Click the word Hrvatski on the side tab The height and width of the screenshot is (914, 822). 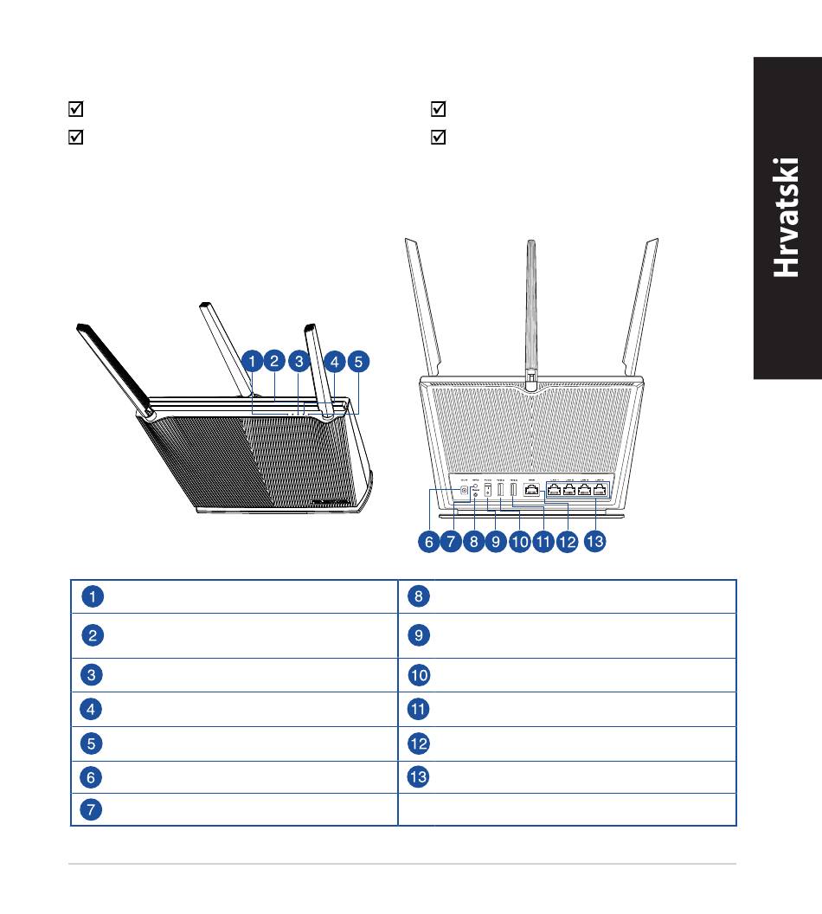click(786, 217)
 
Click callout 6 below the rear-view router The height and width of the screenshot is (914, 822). click(429, 543)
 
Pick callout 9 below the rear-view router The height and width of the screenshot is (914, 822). click(496, 543)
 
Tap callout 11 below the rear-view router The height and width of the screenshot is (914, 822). click(543, 543)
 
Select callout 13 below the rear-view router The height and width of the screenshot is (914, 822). click(594, 543)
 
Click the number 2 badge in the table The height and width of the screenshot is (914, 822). click(93, 635)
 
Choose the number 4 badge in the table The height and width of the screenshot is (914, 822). click(93, 710)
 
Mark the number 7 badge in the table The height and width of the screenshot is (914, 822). click(93, 809)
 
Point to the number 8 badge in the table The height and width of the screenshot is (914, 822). click(418, 595)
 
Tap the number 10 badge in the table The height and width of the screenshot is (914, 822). click(418, 675)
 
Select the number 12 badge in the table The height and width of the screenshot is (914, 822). click(418, 743)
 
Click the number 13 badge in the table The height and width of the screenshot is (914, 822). click(418, 776)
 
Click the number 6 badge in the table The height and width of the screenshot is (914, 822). click(93, 776)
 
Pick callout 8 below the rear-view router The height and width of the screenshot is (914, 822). click(472, 543)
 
